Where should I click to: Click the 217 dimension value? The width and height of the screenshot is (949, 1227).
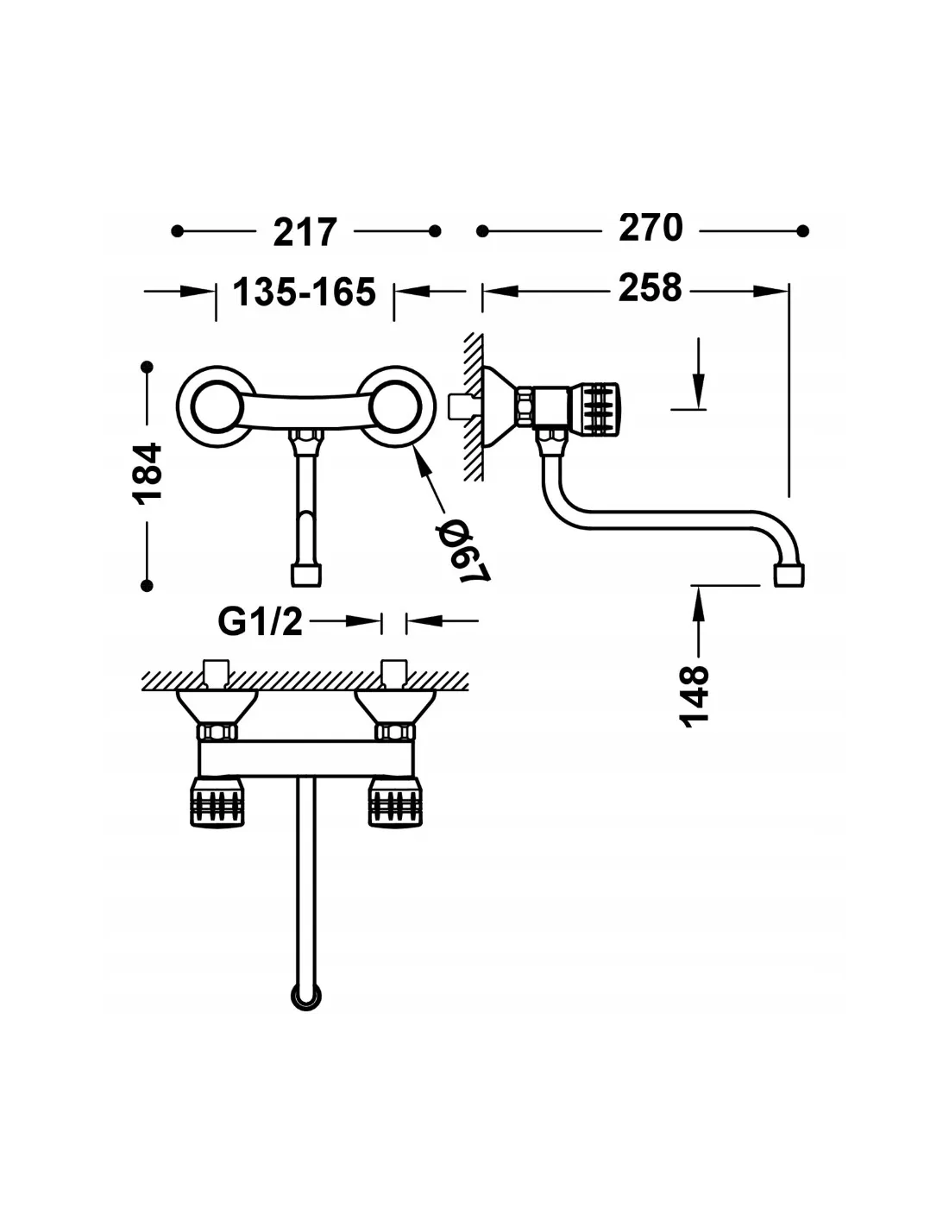tap(305, 231)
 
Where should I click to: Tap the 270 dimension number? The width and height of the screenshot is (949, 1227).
tap(650, 228)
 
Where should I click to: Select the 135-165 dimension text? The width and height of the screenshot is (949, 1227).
tap(305, 292)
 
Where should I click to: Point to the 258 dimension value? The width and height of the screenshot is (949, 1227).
tap(650, 287)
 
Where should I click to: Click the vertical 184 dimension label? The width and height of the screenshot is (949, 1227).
tap(147, 474)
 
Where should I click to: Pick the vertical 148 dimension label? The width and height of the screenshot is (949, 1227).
tap(694, 696)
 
